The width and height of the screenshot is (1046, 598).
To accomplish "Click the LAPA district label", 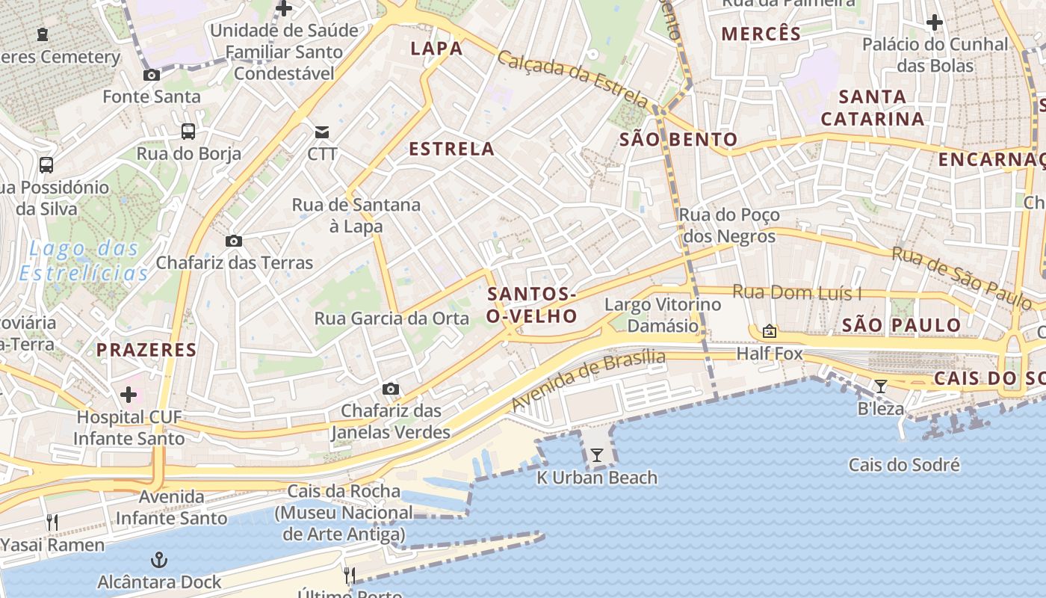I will coord(436,49).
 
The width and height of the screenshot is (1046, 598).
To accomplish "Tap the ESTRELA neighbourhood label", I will coord(451,149).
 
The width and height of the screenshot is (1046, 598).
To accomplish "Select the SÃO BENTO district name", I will coord(678,139).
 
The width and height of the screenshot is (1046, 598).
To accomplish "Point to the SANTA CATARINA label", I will coord(873,108).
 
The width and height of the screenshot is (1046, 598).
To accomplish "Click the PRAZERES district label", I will coord(146,349).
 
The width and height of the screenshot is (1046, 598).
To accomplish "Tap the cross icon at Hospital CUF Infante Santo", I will coord(129,394).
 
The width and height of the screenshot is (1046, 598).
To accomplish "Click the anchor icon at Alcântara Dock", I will coord(158,560).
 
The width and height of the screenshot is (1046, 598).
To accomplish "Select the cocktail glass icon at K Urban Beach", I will coord(596,454).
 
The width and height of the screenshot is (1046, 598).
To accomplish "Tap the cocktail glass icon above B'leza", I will coord(881,386).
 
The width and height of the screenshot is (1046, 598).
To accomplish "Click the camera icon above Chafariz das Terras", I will coord(234,241).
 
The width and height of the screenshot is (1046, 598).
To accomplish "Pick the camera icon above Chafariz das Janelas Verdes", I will coord(390,389).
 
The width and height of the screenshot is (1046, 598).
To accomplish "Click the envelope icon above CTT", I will coord(322,132).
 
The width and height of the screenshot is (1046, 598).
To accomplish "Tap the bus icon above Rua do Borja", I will coord(188,132).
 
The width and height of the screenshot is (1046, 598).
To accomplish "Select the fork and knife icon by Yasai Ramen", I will coord(52,522).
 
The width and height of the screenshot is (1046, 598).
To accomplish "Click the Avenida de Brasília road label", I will coord(588,380).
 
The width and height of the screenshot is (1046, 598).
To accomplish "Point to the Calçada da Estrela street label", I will coord(573,78).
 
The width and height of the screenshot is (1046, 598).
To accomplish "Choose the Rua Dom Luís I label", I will coord(796,292).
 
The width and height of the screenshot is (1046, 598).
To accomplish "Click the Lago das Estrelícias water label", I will coord(81,260).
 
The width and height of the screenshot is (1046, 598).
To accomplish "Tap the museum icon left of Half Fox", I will coord(769,331).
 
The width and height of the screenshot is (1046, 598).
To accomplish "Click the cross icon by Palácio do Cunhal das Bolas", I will coord(934,22).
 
